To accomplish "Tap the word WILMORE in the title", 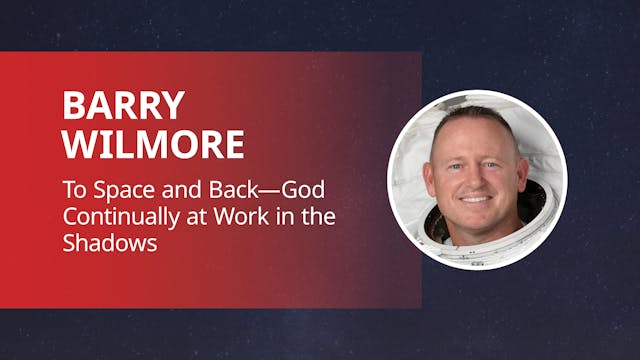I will (153, 144).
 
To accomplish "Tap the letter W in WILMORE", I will (79, 144).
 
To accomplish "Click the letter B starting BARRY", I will (72, 105).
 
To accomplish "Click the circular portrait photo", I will (477, 180).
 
